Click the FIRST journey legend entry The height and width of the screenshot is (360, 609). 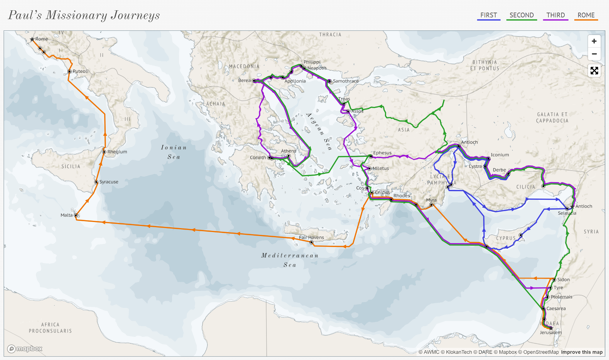[488, 15]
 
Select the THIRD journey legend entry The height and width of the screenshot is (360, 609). [555, 15]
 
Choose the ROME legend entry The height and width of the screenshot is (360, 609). [586, 15]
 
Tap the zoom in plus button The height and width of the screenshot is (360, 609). [594, 41]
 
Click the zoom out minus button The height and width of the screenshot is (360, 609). [594, 54]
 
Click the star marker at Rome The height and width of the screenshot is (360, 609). [32, 39]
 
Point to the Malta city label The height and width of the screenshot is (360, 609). [66, 215]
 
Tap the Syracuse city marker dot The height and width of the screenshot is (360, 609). [96, 182]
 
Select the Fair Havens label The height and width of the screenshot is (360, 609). [311, 238]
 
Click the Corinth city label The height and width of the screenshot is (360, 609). [258, 157]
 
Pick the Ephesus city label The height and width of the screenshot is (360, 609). [382, 153]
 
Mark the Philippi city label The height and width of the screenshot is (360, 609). [312, 62]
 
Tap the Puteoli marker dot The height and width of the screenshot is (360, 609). [69, 72]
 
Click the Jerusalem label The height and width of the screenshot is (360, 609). [551, 333]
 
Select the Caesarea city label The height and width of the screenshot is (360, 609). [556, 309]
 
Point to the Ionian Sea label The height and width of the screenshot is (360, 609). [174, 152]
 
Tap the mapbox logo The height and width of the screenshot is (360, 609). [25, 349]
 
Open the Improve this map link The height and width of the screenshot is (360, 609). [582, 352]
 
